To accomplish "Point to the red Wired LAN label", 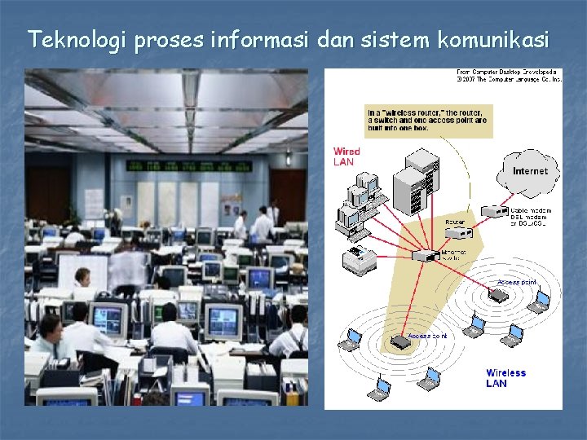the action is (x=346, y=156).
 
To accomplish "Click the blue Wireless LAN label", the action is (x=505, y=378).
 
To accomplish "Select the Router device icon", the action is (x=458, y=232).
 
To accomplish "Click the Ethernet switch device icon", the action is (x=426, y=256).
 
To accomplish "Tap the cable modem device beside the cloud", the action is (x=494, y=211).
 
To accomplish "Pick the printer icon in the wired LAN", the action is (x=359, y=260).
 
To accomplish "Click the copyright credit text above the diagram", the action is (x=508, y=76).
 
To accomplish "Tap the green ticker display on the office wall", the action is (x=188, y=166).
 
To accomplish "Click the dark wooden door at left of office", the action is (x=48, y=195).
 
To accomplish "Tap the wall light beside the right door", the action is (x=287, y=157).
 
